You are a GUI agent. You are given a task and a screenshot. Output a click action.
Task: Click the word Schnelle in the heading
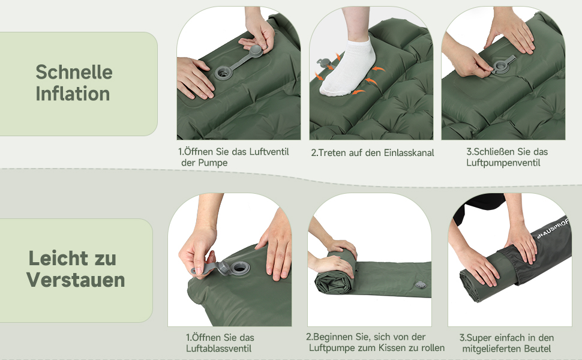point(74,71)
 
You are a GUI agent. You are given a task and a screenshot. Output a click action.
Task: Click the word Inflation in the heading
point(73,94)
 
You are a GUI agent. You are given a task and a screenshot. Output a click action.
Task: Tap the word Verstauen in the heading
point(76,280)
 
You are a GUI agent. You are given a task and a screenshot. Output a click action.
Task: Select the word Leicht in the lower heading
point(54,259)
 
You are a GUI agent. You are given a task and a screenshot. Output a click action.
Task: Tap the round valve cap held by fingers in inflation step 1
point(256,51)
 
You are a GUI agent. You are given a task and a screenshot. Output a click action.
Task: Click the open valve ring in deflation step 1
point(239,267)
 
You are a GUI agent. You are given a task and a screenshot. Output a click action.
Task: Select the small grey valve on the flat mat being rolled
point(420,284)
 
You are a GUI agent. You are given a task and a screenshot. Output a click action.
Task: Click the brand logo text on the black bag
point(553,229)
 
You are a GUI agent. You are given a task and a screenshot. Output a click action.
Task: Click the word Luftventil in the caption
point(269,151)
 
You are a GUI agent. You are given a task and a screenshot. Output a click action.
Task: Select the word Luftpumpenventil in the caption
point(503,163)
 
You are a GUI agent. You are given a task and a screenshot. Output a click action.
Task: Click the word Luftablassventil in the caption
point(218,349)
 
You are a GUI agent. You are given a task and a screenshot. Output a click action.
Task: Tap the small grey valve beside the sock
point(323,63)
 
